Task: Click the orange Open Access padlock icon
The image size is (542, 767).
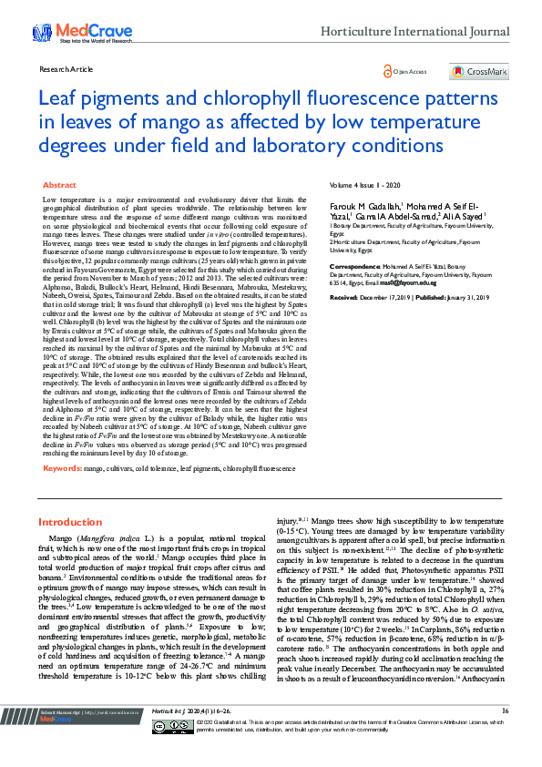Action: coord(388,70)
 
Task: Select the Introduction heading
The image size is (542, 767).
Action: coord(70,522)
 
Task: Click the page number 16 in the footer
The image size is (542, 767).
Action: coord(505,736)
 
